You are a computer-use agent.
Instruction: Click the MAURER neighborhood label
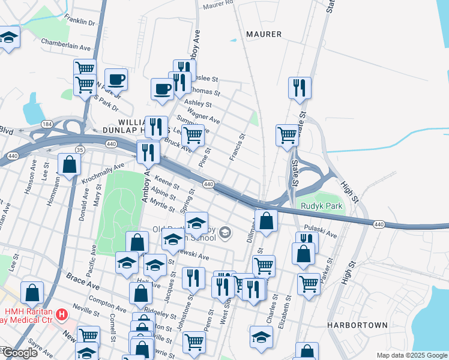pyautogui.click(x=264, y=34)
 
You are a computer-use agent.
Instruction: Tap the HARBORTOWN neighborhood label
pyautogui.click(x=357, y=325)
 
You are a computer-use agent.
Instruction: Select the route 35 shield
pyautogui.click(x=80, y=149)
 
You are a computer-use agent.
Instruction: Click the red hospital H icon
pyautogui.click(x=61, y=314)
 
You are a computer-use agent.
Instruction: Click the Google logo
pyautogui.click(x=20, y=353)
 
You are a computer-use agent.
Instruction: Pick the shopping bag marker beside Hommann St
pyautogui.click(x=70, y=164)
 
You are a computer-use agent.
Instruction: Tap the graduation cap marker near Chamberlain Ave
pyautogui.click(x=8, y=38)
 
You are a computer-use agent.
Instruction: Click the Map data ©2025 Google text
pyautogui.click(x=412, y=355)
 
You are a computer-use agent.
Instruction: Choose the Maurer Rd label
pyautogui.click(x=218, y=4)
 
